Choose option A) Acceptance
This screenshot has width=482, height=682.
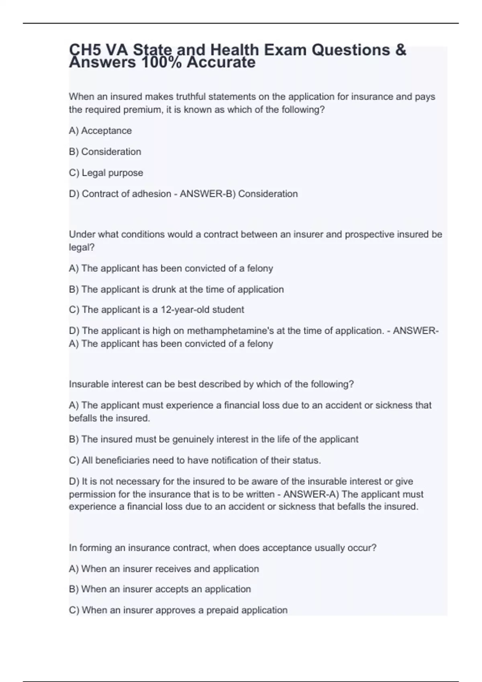(100, 131)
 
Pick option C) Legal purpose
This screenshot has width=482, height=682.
(106, 173)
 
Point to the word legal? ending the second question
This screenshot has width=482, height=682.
(82, 248)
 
